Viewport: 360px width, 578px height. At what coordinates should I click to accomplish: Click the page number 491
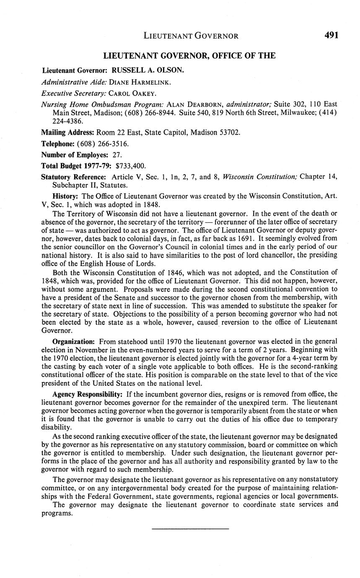[331, 36]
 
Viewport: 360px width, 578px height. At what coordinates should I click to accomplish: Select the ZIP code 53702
[230, 133]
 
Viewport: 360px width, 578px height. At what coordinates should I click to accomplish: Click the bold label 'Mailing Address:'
[67, 133]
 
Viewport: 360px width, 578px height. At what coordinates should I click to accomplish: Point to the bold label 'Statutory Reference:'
[74, 176]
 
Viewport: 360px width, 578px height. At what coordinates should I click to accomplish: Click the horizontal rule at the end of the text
[190, 529]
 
